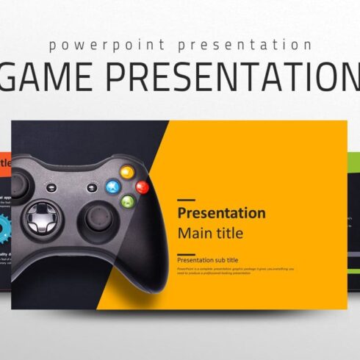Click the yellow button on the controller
click(x=126, y=173)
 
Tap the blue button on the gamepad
click(x=112, y=186)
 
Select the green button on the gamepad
click(x=127, y=201)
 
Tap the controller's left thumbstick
click(x=21, y=185)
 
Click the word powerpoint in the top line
click(x=95, y=45)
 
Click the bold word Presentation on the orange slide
click(x=222, y=213)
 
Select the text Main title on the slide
click(x=210, y=234)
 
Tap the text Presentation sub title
click(x=208, y=260)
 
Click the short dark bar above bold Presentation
click(x=187, y=200)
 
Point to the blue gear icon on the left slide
click(x=5, y=224)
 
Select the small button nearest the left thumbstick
click(x=48, y=187)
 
